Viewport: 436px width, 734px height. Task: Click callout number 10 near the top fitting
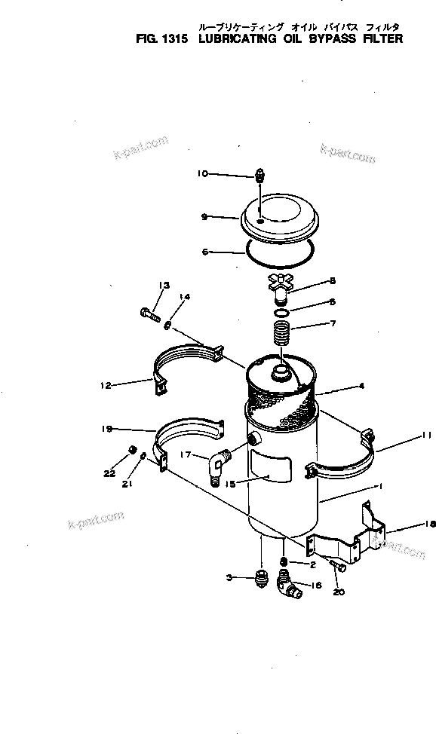tap(202, 173)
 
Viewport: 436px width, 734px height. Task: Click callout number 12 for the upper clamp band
tap(106, 385)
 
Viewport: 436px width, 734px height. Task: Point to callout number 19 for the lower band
tap(106, 429)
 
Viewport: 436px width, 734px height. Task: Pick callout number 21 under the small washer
tap(127, 485)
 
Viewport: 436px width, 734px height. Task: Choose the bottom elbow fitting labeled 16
tap(287, 585)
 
